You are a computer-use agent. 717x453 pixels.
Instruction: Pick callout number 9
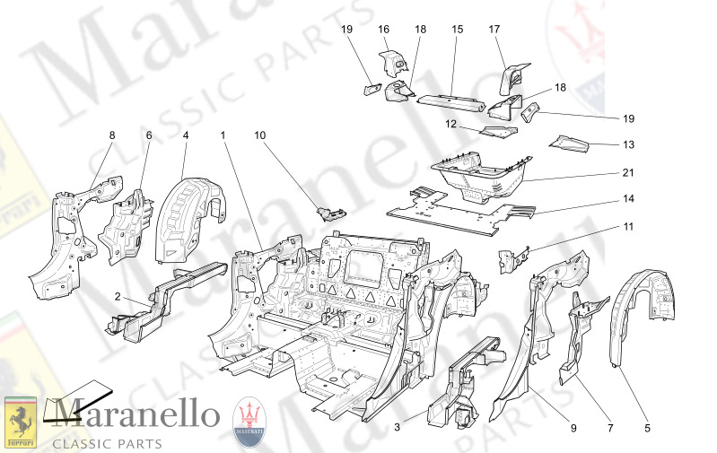click(x=573, y=429)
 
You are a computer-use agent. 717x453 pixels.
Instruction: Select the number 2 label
click(x=117, y=295)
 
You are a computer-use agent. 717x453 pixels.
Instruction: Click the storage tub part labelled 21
click(x=476, y=175)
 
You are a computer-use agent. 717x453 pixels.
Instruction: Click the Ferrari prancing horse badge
click(x=21, y=422)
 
